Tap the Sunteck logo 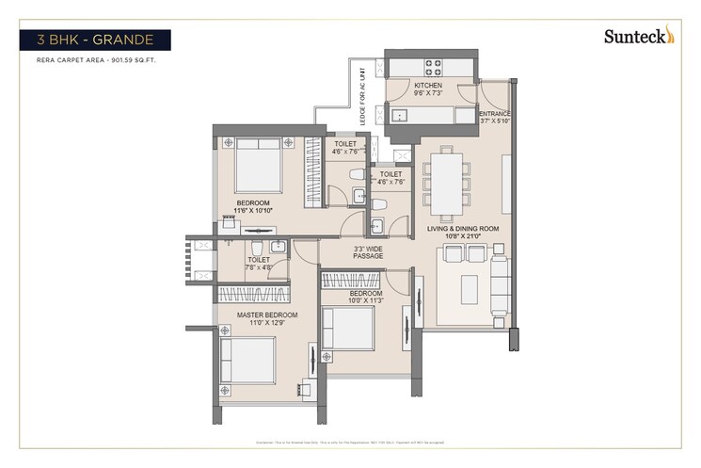pos(639,37)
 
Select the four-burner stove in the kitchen pos(434,67)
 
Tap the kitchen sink pos(400,116)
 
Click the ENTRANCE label pos(495,118)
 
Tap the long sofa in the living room pos(499,285)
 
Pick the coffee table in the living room pos(469,289)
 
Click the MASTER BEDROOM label pos(267,318)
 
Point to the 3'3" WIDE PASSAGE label pos(368,251)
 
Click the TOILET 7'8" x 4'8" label pos(259,264)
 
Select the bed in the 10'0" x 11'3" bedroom pos(349,329)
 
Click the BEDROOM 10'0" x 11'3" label pos(366,298)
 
